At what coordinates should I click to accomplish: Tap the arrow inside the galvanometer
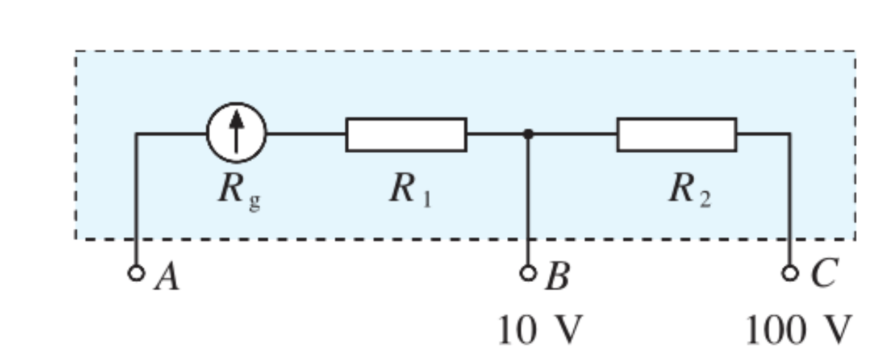tap(236, 130)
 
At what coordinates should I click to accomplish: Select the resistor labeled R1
tap(406, 134)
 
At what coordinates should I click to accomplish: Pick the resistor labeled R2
tap(676, 134)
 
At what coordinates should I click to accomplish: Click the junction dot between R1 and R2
tap(528, 133)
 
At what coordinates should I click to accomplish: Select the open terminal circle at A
tap(136, 272)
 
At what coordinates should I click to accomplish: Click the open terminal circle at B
tap(528, 272)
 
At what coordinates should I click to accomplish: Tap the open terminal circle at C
tap(790, 272)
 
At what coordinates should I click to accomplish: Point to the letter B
tap(557, 278)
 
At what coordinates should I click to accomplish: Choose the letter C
tap(823, 276)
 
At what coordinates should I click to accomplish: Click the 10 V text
tap(538, 330)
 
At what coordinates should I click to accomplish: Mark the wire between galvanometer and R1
tap(306, 133)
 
